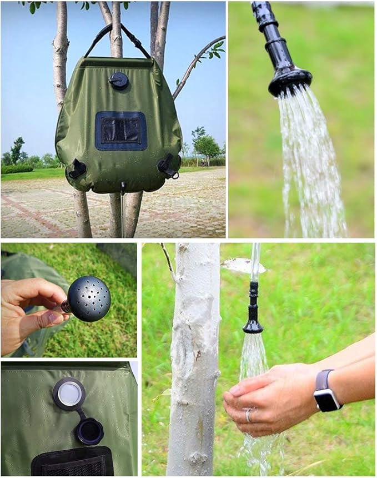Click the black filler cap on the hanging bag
(119, 81)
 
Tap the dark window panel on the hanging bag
(120, 131)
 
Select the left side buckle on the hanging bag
(77, 168)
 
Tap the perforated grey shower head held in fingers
(89, 298)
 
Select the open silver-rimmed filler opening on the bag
(69, 394)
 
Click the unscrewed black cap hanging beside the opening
(90, 430)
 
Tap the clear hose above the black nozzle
(255, 261)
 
